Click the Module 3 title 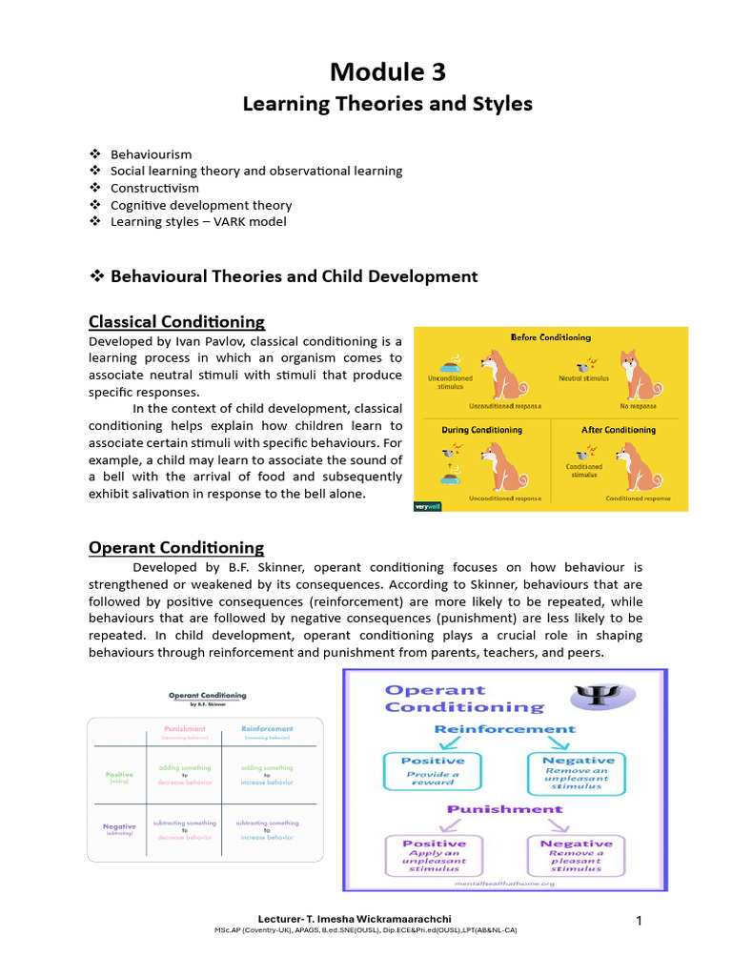point(387,71)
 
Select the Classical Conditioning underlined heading point(176,321)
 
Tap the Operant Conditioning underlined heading point(176,547)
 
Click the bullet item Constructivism point(154,188)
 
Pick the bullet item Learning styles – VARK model point(198,222)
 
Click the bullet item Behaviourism point(151,153)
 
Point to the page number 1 point(640,920)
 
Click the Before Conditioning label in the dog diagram point(550,337)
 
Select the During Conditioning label point(481,430)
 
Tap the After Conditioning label point(619,430)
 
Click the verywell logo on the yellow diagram point(426,506)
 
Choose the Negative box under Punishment point(576,855)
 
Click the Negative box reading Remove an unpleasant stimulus point(576,772)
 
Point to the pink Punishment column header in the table point(186,730)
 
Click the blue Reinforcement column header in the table point(267,730)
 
